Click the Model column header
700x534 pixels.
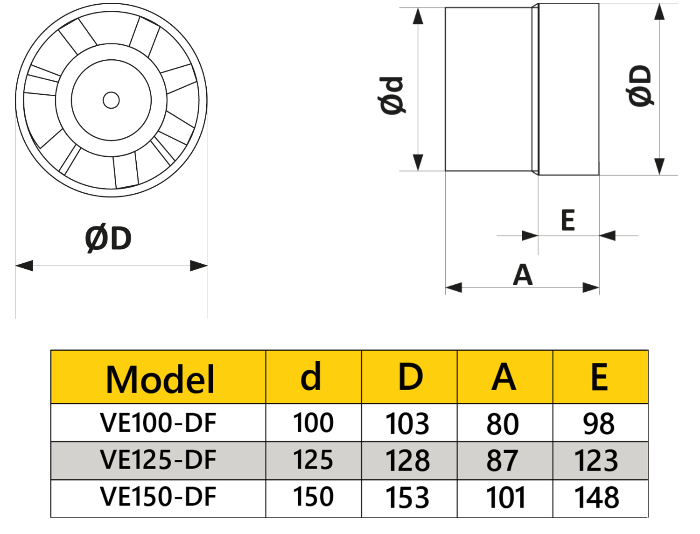pos(160,379)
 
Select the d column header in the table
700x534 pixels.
pos(311,377)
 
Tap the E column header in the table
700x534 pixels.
pos(599,377)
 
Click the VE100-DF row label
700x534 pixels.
pos(158,423)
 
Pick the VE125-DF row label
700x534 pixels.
pos(158,460)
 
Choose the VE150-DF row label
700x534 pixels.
pos(158,497)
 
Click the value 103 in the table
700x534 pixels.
pos(407,424)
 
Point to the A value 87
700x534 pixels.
pos(502,461)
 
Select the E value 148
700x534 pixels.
pos(597,498)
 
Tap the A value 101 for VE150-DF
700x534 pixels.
pos(505,498)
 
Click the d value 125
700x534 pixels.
pos(313,460)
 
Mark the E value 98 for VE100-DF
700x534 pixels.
pos(599,424)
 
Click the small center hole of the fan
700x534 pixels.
pos(111,100)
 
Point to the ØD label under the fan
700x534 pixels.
pos(108,239)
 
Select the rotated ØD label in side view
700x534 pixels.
pos(640,86)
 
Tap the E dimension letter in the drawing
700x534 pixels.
pos(567,220)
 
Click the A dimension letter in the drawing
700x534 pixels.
pos(523,275)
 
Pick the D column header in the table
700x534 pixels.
pos(410,377)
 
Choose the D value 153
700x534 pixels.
pos(407,498)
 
